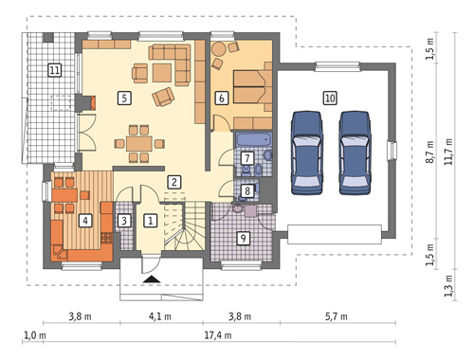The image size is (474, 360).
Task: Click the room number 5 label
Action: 124,98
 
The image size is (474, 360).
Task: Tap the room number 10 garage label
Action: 330,98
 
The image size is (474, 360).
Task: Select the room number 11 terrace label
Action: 54,70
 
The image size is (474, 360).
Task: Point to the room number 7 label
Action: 247,158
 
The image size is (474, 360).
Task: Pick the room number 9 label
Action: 244,238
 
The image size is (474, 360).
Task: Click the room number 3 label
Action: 124,221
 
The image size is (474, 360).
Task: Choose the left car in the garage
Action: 307,153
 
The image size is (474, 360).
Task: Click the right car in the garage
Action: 355,153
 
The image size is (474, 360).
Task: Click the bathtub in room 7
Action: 254,140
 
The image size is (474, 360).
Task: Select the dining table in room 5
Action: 139,144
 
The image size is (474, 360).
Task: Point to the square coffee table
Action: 162,73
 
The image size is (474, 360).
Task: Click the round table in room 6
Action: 219,49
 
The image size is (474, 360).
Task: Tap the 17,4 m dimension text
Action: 218,335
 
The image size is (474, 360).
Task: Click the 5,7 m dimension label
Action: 337,316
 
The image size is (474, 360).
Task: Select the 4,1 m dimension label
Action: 160,316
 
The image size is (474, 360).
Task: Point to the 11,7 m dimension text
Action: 448,152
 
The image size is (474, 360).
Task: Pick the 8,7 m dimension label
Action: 429,153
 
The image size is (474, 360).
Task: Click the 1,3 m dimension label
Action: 448,286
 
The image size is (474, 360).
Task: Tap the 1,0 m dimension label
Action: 35,335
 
